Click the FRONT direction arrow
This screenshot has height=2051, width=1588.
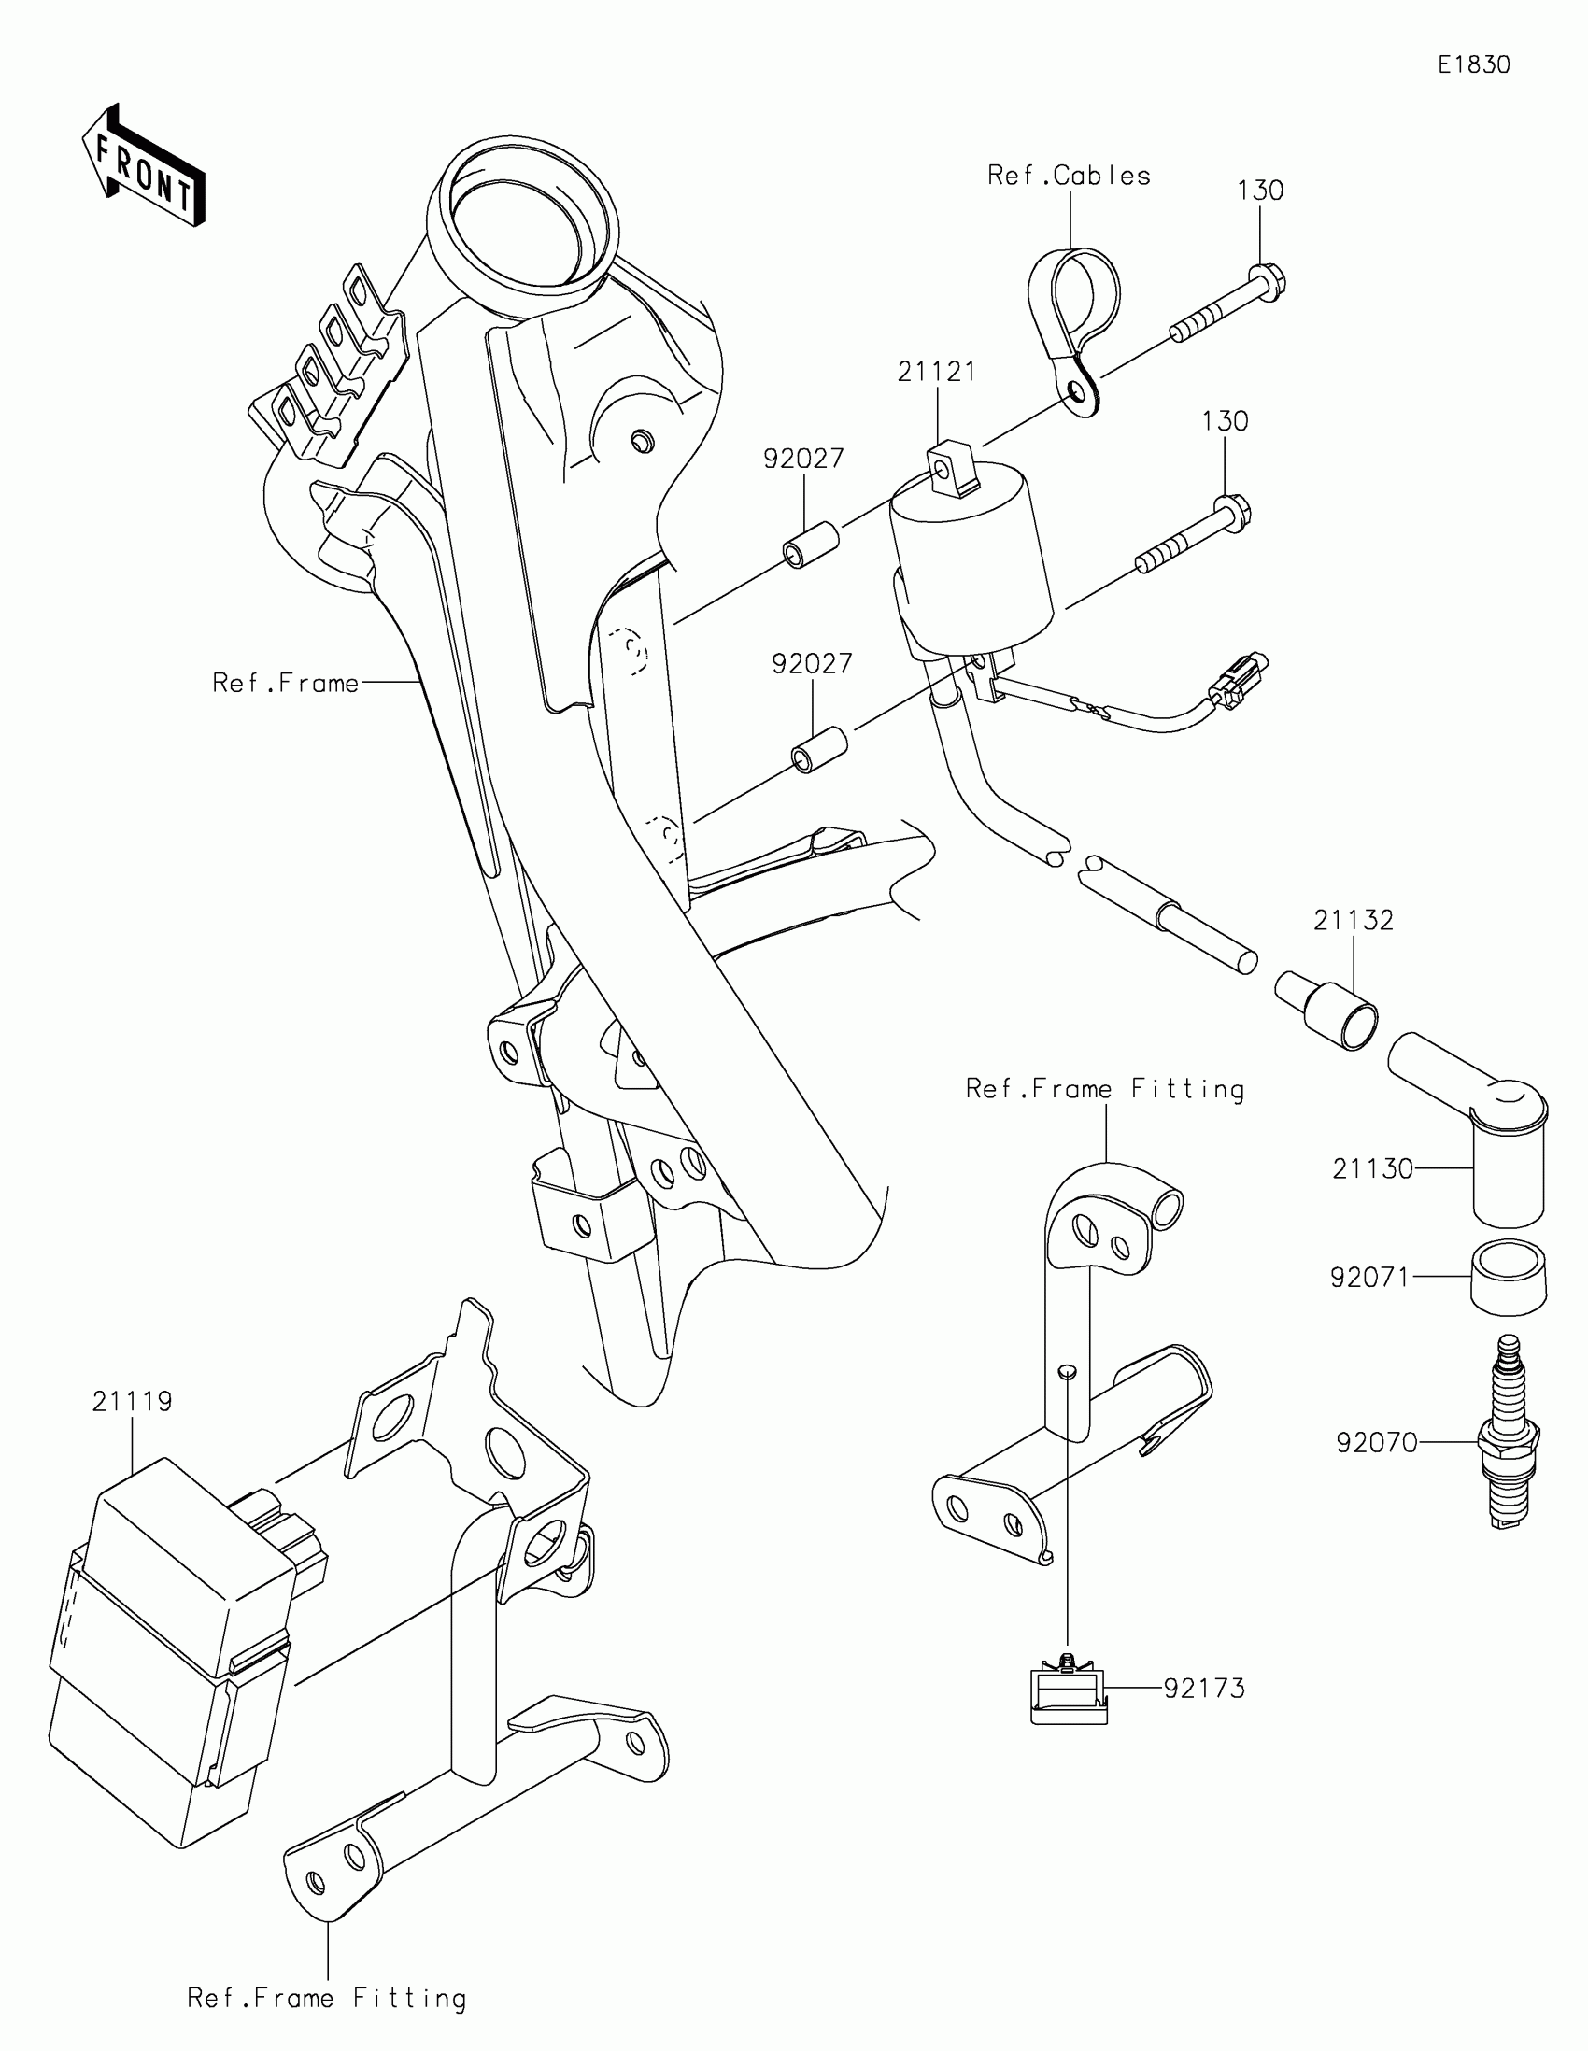click(143, 166)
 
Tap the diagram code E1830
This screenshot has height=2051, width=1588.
click(1473, 64)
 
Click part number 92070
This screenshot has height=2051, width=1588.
click(1376, 1442)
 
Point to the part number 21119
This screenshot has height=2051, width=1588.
click(132, 1401)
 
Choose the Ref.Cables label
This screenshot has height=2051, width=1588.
click(1069, 176)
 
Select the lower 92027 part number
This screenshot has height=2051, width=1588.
click(812, 664)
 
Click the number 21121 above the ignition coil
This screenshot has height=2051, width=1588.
click(936, 372)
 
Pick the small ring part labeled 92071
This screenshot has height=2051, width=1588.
click(1508, 1276)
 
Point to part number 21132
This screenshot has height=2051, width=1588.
click(1353, 920)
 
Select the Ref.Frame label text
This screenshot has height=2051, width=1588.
click(286, 683)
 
